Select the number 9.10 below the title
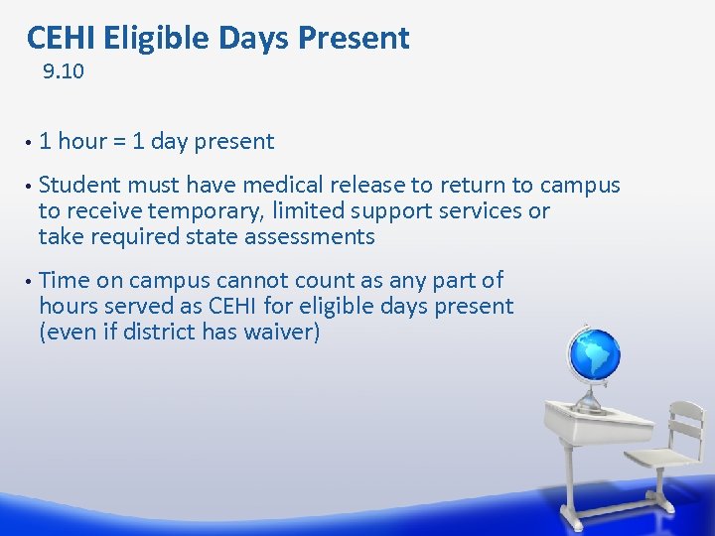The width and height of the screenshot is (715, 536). click(64, 72)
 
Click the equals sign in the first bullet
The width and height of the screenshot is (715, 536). click(119, 142)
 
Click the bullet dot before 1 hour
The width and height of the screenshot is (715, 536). click(31, 142)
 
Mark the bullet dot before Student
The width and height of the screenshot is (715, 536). click(31, 186)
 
